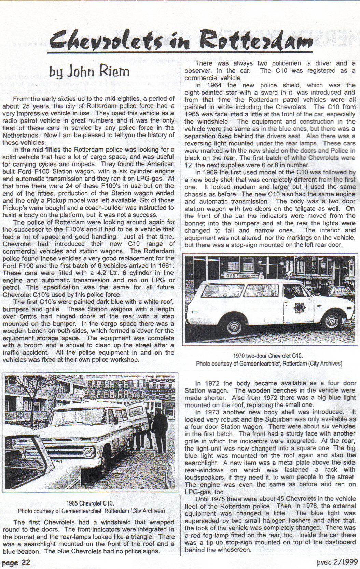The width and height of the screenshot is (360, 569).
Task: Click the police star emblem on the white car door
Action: (299, 307)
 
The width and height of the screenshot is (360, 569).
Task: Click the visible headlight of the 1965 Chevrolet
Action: (88, 453)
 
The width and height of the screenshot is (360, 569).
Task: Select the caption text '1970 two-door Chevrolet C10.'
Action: (268, 356)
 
